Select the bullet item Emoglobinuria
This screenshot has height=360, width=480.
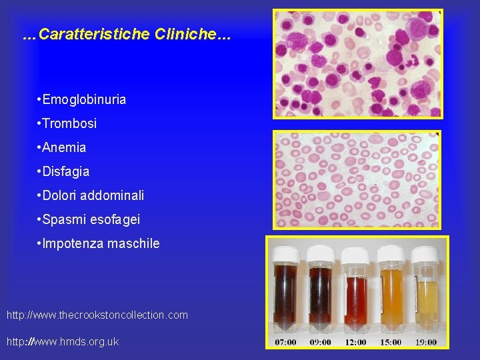click(84, 100)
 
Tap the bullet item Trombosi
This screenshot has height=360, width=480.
click(69, 124)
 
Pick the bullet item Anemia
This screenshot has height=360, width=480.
click(64, 148)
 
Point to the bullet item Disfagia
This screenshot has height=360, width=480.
click(66, 172)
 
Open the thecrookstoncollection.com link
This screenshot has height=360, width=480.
click(97, 315)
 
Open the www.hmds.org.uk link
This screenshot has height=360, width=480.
click(63, 341)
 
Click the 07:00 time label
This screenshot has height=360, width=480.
click(287, 342)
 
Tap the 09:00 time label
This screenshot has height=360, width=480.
click(321, 342)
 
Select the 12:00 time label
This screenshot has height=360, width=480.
click(355, 342)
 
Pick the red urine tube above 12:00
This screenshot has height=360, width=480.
click(355, 300)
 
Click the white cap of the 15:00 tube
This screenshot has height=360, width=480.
click(390, 254)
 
